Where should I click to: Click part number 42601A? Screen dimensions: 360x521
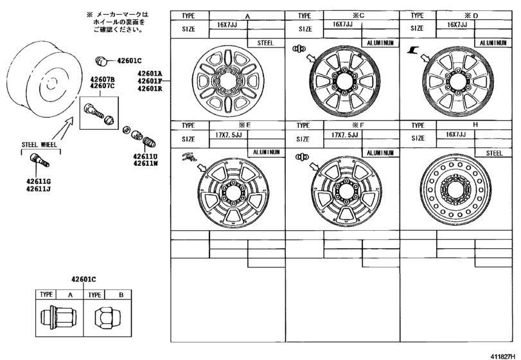(148, 74)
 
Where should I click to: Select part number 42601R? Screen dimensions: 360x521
(148, 89)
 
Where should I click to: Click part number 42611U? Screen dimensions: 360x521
(146, 156)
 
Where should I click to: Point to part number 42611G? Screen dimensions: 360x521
(39, 182)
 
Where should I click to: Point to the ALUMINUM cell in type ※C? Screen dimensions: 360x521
(381, 42)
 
